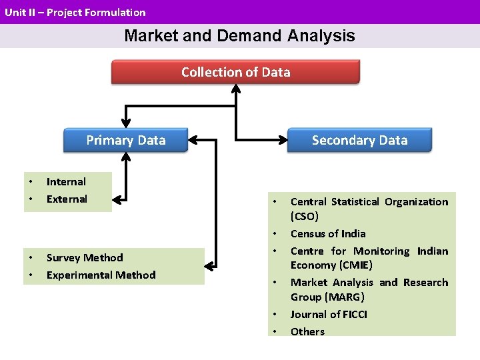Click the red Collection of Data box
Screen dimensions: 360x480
[235, 72]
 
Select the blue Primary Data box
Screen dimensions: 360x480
[125, 140]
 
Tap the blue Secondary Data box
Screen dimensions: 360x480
[359, 140]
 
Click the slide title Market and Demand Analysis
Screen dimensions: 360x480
[239, 36]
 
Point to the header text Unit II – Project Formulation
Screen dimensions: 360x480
[75, 12]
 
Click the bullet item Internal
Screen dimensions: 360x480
[66, 181]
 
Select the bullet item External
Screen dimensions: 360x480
[67, 199]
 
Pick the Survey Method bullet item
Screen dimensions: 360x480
[85, 257]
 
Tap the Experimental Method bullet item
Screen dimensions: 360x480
[101, 275]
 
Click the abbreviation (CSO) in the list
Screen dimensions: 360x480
[305, 216]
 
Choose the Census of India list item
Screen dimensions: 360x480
[328, 233]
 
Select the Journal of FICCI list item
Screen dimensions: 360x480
[329, 314]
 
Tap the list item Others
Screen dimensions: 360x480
[307, 331]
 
